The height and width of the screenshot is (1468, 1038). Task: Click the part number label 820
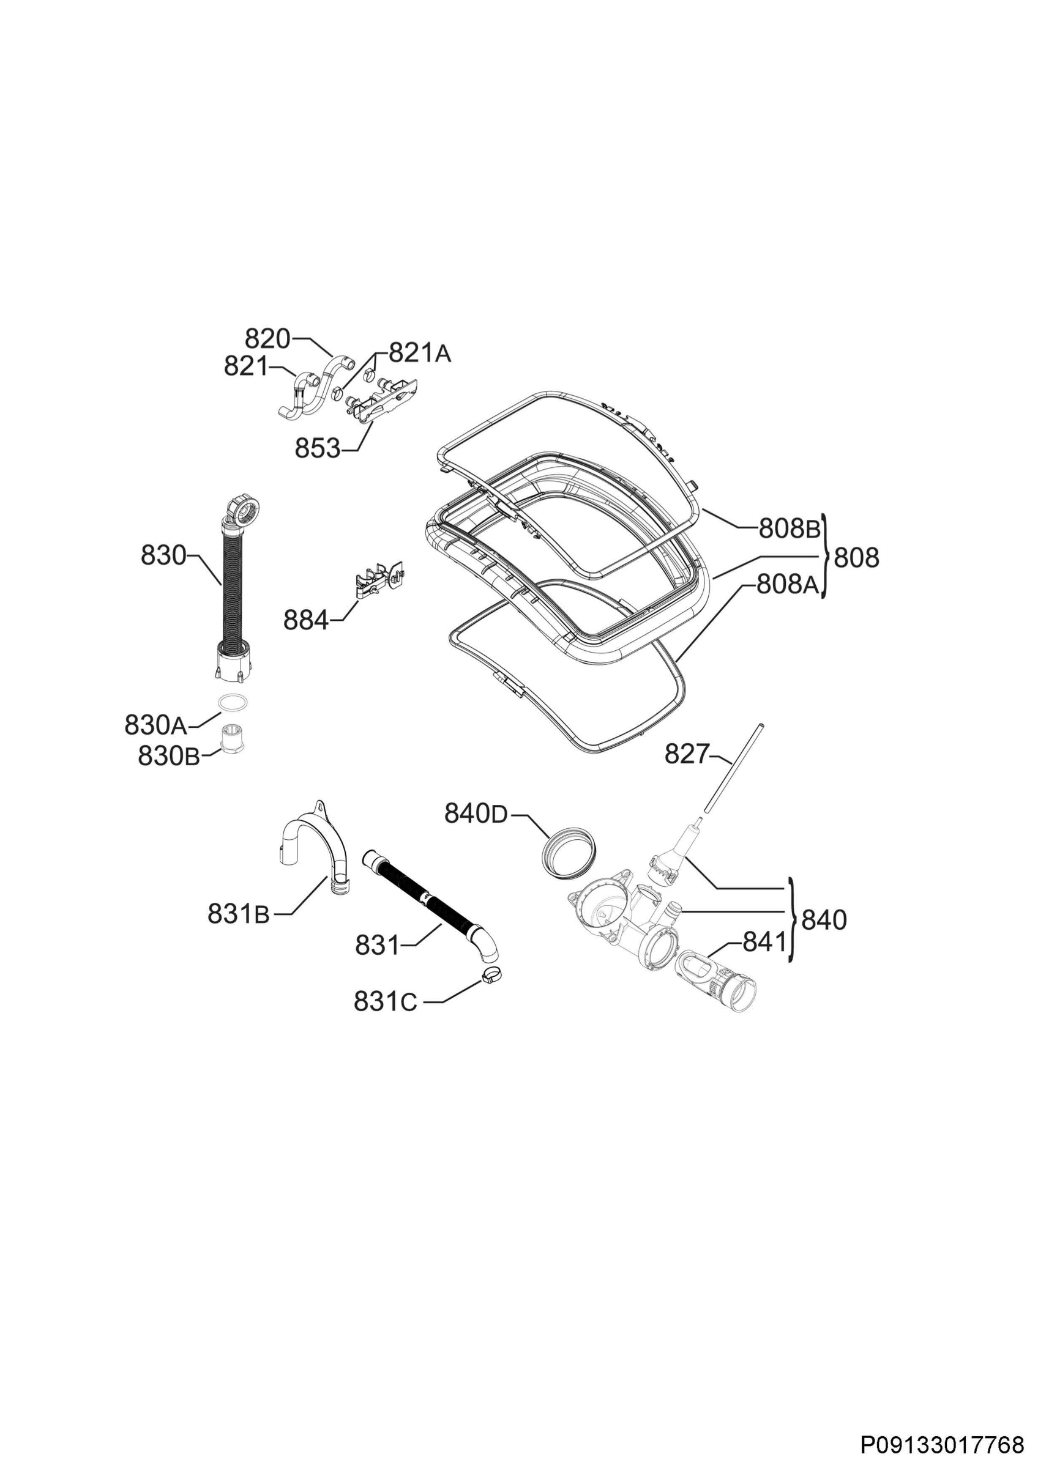[x=267, y=339]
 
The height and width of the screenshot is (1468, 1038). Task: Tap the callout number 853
[x=317, y=449]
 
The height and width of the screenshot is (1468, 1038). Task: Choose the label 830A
[x=155, y=725]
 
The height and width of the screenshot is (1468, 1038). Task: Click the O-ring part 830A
[x=233, y=702]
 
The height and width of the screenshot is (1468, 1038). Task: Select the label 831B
[x=239, y=915]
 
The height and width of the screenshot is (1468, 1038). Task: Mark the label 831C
[x=385, y=1002]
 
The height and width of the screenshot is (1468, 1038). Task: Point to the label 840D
[x=476, y=814]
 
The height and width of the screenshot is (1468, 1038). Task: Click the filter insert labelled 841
[x=715, y=982]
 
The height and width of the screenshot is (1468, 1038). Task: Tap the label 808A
[x=787, y=584]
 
